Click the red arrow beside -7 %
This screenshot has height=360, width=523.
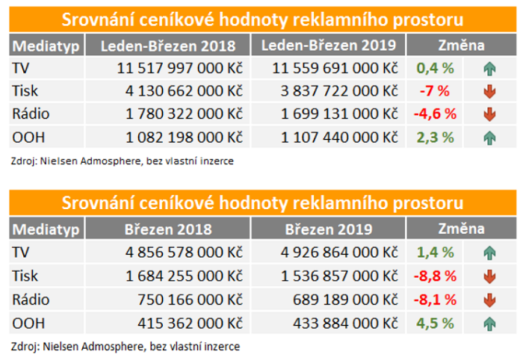[x=489, y=93]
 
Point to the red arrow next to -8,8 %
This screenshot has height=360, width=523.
[x=489, y=277]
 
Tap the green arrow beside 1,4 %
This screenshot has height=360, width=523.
[x=489, y=253]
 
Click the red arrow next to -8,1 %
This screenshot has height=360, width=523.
[x=489, y=300]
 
